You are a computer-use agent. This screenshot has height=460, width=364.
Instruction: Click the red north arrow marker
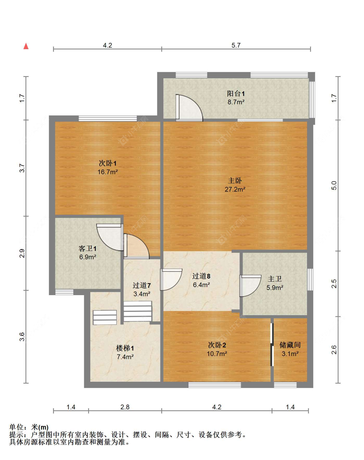tap(26, 46)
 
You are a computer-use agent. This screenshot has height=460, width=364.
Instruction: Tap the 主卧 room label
tap(235, 181)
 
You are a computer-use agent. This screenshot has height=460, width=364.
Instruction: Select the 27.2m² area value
tap(235, 189)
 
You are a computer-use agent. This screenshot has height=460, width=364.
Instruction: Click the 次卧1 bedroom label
tap(107, 163)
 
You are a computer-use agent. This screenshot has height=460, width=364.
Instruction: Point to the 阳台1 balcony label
tap(236, 94)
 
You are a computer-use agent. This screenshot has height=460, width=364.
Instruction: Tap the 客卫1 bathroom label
tap(87, 248)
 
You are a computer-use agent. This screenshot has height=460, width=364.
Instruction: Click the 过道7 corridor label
tap(141, 285)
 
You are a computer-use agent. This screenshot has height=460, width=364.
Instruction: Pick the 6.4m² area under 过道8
tap(201, 285)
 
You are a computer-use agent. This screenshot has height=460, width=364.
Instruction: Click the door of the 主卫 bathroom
tap(249, 285)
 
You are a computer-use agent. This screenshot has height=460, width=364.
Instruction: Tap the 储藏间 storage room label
tap(290, 345)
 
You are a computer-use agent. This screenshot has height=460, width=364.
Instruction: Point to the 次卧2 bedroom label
tap(217, 345)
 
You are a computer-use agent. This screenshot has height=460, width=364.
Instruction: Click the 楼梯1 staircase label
tap(125, 348)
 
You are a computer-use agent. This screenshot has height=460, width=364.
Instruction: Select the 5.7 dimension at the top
tap(236, 45)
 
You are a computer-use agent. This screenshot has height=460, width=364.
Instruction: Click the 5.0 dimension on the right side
tap(334, 186)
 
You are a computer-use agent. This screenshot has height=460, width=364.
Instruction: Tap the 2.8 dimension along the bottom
tap(125, 407)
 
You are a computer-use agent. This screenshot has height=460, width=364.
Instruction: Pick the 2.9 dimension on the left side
tap(22, 253)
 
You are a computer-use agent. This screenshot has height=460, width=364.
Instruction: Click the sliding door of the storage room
tap(272, 345)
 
